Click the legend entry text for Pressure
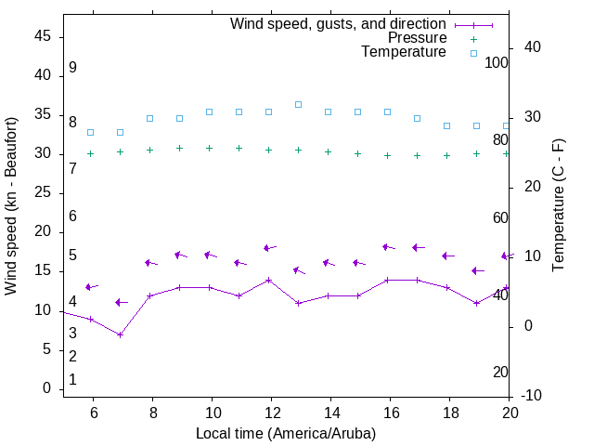tap(417, 38)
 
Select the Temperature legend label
tap(404, 52)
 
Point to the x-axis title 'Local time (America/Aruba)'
tap(286, 433)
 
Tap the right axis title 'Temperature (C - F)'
tap(558, 205)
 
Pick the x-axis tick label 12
tap(271, 412)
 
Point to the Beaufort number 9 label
tap(72, 68)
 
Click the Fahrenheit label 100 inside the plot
tap(497, 62)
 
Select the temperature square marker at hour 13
tap(298, 104)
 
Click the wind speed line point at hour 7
tap(120, 334)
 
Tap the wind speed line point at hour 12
tap(268, 280)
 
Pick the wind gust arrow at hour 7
tap(120, 302)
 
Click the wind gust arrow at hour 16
tap(388, 247)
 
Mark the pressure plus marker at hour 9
tap(179, 148)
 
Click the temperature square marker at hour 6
tap(90, 132)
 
